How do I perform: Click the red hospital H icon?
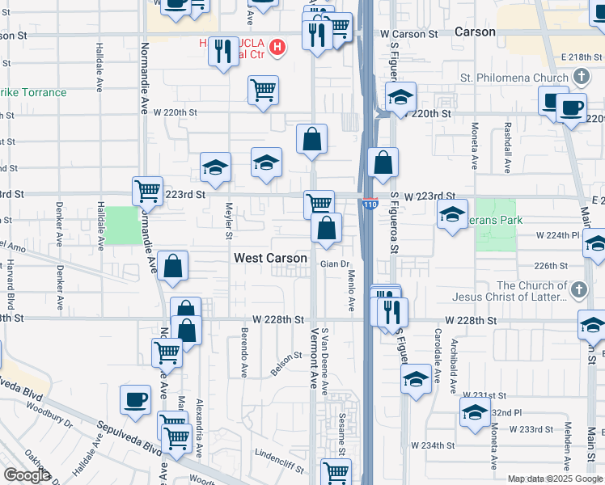(277, 48)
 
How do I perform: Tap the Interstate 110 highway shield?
(370, 205)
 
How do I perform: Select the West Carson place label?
(270, 259)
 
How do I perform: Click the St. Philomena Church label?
(514, 78)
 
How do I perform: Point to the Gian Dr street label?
(333, 264)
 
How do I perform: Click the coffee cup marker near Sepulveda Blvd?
(135, 398)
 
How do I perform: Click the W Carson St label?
(408, 34)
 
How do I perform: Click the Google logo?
(27, 475)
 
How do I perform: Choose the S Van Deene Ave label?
(325, 362)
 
